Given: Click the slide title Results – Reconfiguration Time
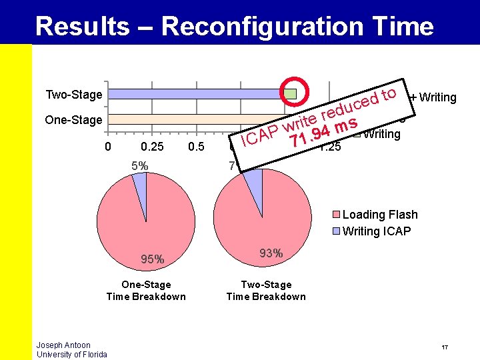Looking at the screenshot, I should tap(234, 27).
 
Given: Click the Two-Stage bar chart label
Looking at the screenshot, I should tap(73, 95).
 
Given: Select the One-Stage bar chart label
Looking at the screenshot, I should tap(73, 120).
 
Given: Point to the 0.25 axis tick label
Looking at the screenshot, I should tap(153, 147).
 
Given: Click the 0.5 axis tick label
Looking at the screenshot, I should tap(196, 147).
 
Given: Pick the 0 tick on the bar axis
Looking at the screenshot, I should tap(109, 147).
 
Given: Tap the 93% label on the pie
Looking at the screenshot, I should tap(271, 253).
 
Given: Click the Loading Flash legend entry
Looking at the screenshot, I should tap(379, 215).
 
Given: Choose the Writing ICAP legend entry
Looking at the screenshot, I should tap(376, 231).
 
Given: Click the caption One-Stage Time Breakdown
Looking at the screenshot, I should tap(146, 291).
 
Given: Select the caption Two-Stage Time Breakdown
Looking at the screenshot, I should tap(266, 291).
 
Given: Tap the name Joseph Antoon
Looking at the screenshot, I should tap(63, 345).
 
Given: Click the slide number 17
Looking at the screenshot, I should tap(444, 347).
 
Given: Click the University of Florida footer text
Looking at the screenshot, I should tap(71, 354).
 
